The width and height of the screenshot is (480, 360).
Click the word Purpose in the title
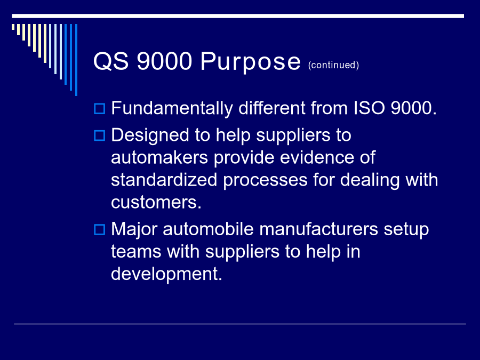coord(251,62)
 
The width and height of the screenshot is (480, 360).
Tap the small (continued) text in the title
coord(333,65)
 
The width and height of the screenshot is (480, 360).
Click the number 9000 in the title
coord(164,61)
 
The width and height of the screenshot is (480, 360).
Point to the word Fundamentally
coord(172,108)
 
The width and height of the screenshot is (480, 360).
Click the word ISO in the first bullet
coord(369,108)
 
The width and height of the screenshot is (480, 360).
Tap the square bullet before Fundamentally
coord(100,109)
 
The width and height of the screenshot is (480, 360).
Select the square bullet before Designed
coord(100,135)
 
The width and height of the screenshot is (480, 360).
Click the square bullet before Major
coord(100,229)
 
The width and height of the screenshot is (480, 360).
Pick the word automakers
coord(159,158)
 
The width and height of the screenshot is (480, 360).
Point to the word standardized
coord(164,180)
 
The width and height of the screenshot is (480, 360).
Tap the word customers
coord(156,202)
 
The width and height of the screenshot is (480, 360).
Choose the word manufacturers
coord(319,229)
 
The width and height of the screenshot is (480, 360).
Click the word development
coord(166,274)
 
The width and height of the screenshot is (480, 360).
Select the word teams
coord(136,252)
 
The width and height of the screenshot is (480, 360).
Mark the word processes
coord(265,180)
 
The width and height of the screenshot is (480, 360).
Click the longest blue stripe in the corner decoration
coord(76,60)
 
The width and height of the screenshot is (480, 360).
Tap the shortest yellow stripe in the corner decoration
coord(13,27)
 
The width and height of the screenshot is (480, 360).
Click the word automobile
coord(208,229)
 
